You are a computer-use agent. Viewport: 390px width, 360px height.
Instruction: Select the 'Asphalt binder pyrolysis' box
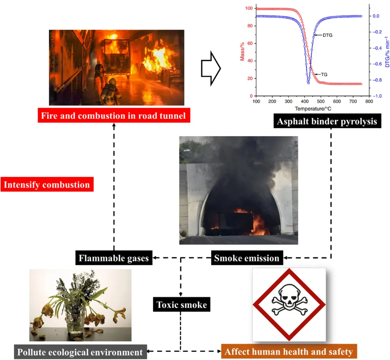pyautogui.click(x=327, y=122)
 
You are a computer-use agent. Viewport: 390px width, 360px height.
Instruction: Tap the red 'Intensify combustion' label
pyautogui.click(x=47, y=185)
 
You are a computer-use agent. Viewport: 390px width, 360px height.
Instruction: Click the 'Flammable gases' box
pyautogui.click(x=113, y=258)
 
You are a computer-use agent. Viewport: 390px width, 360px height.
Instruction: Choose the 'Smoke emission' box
pyautogui.click(x=246, y=258)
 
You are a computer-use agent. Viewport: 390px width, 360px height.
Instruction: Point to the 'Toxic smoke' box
pyautogui.click(x=181, y=305)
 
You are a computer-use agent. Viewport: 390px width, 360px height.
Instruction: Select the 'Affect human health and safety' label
pyautogui.click(x=289, y=351)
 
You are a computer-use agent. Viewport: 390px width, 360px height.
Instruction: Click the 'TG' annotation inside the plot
pyautogui.click(x=324, y=74)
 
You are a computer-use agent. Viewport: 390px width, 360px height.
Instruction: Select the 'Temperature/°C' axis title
pyautogui.click(x=308, y=109)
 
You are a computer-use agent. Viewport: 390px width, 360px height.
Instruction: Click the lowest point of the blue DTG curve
pyautogui.click(x=308, y=83)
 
